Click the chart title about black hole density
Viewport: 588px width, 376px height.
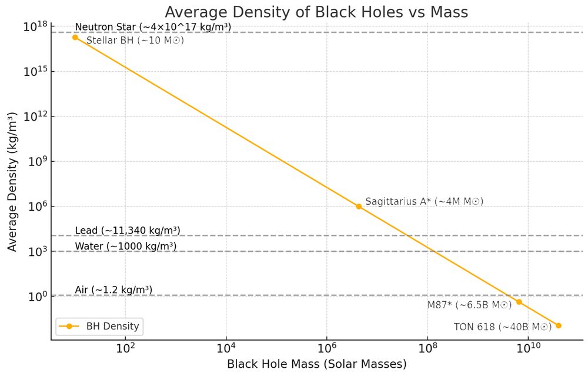tap(317, 12)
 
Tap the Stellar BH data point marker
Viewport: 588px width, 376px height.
tap(75, 37)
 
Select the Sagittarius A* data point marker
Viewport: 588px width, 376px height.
tap(359, 207)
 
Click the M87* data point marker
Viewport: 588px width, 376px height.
tap(519, 302)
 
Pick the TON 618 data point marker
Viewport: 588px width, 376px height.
tap(558, 325)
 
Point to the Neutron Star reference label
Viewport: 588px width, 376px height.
tap(153, 27)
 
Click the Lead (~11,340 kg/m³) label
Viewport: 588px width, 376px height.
tap(128, 230)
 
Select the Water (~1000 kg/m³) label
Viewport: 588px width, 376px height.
tap(126, 246)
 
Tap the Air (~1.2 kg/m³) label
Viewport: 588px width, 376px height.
tap(113, 290)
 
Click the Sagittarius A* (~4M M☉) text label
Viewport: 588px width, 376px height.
tap(424, 202)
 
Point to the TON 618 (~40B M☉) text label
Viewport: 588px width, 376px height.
tap(502, 327)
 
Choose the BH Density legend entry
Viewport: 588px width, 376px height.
tap(100, 326)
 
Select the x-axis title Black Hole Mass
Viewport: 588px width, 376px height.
tap(317, 364)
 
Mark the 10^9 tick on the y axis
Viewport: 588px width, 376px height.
tap(39, 161)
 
